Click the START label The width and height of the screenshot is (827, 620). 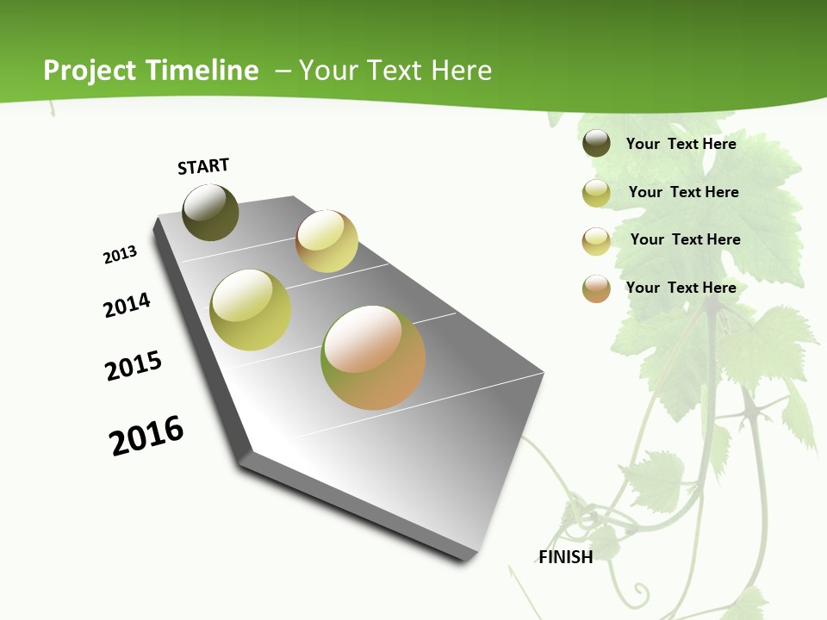point(203,166)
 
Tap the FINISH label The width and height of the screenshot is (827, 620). point(566,557)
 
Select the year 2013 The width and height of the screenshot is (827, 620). point(121,255)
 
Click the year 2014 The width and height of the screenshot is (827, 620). point(127,305)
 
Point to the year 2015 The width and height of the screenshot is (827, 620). point(134,366)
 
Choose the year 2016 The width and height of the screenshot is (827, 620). point(146,436)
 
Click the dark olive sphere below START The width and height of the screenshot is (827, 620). point(210,212)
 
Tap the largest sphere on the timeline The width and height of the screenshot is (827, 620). point(373,357)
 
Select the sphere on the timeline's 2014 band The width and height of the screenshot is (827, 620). point(251,310)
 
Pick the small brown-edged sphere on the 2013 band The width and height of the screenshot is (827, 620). point(326,241)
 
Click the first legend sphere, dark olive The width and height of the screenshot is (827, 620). point(596,143)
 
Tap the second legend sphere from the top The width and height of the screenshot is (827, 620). point(596,193)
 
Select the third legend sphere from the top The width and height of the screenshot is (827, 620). point(596,241)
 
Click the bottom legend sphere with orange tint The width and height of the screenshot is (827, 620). point(596,288)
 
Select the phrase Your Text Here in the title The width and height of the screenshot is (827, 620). point(395,71)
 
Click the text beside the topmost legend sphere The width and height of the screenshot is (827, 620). point(681,144)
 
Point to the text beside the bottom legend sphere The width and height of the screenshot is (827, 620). point(681,288)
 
